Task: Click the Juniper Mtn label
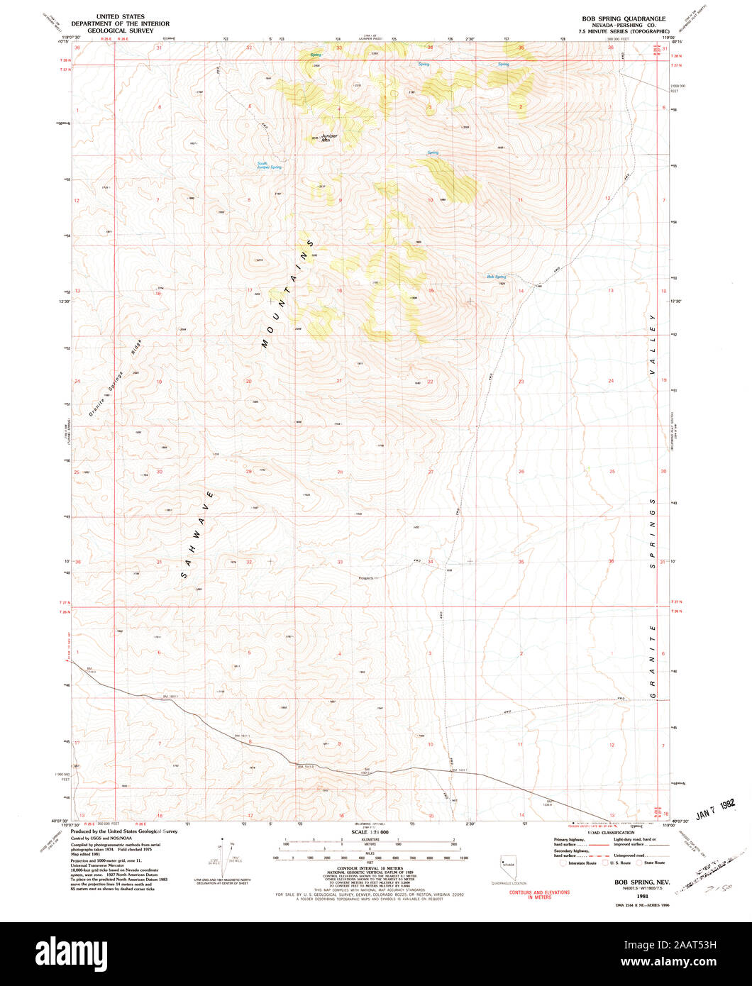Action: tap(328, 138)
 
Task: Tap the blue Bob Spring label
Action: tap(496, 276)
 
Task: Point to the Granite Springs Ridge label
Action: tap(116, 377)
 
